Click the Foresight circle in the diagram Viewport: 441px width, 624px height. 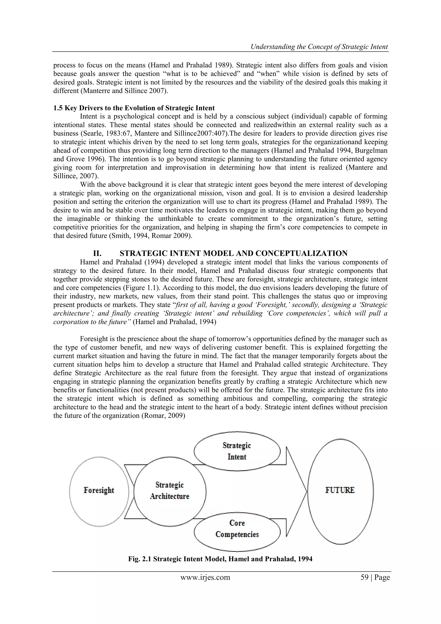[x=99, y=491]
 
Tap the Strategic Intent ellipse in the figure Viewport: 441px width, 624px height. [x=237, y=451]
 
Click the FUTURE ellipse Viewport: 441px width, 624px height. [x=340, y=491]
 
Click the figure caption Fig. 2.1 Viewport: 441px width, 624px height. [x=220, y=559]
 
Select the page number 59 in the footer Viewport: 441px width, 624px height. [x=364, y=577]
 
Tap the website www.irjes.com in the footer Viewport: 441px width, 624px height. [x=205, y=577]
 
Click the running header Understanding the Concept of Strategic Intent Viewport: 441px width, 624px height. [x=319, y=47]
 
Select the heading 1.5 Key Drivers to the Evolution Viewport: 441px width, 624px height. [x=134, y=108]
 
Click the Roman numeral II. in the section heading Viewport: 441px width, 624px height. [x=97, y=253]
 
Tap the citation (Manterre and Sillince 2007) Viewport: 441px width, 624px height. [x=124, y=91]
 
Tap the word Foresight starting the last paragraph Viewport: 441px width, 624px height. [x=93, y=339]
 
